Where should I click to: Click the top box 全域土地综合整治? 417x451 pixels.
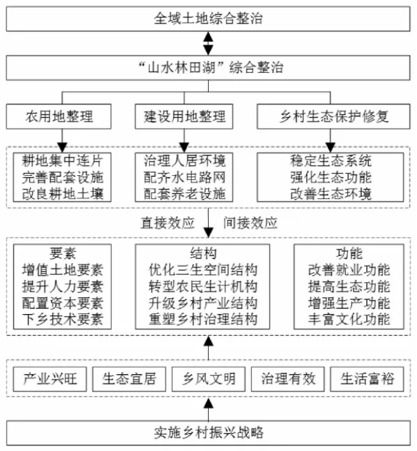[208, 19]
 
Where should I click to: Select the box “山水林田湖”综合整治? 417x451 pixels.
[208, 68]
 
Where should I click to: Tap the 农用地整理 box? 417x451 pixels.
[59, 116]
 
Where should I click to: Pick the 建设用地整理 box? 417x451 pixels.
[184, 116]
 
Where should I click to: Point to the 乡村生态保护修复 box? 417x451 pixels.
[334, 116]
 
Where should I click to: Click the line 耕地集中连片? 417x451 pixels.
[62, 161]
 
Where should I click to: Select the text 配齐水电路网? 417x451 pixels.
[184, 177]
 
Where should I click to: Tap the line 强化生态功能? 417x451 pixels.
[331, 177]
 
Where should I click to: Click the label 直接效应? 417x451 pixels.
[167, 223]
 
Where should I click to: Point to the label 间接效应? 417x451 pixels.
[250, 223]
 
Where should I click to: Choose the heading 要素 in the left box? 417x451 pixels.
[63, 253]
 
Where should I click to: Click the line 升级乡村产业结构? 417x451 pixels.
[203, 303]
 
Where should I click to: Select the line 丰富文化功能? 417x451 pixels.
[349, 319]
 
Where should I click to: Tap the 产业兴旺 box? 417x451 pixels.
[50, 379]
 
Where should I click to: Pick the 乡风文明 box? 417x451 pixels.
[209, 379]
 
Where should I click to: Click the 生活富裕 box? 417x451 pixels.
[367, 379]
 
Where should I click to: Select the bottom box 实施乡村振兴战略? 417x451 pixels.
[208, 433]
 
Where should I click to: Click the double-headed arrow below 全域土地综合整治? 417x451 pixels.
[208, 44]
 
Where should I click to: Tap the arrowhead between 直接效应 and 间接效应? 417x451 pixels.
[209, 232]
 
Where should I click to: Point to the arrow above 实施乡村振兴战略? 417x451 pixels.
[209, 409]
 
